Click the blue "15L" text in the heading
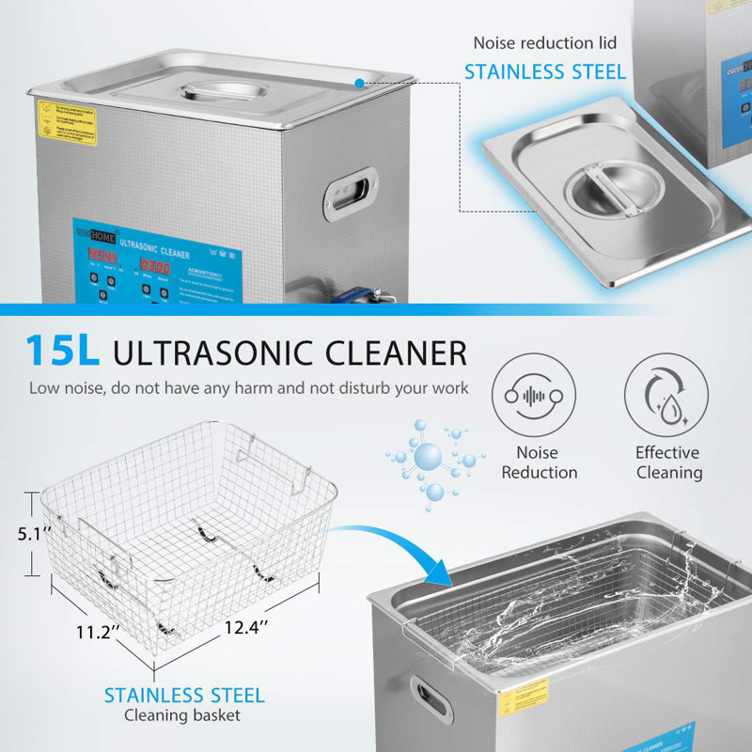[x=62, y=352]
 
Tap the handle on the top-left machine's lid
[x=215, y=92]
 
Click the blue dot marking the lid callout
[x=360, y=84]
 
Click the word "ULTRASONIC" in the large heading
[x=216, y=352]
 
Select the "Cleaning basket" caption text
[x=184, y=716]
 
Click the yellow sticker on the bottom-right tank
[x=522, y=700]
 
